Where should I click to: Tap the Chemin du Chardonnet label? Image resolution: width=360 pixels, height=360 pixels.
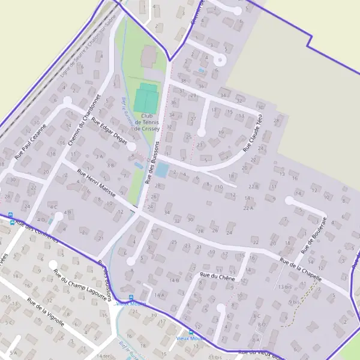(x=82, y=119)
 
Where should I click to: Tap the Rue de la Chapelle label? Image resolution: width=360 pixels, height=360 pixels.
(x=301, y=269)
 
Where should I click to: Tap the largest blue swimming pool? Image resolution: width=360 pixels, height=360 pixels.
(x=162, y=170)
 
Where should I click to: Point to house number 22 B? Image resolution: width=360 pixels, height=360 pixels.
(x=252, y=187)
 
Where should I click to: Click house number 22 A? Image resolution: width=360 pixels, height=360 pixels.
(x=248, y=208)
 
